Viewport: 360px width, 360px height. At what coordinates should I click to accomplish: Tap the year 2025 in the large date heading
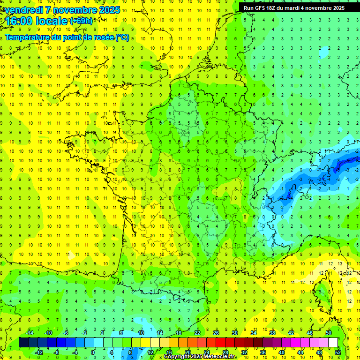pyautogui.click(x=108, y=10)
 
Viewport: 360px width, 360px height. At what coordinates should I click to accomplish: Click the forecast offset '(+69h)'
pyautogui.click(x=81, y=21)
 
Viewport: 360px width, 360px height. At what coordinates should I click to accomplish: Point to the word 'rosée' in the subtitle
pyautogui.click(x=100, y=37)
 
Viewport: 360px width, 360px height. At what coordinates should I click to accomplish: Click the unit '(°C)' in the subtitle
pyautogui.click(x=122, y=37)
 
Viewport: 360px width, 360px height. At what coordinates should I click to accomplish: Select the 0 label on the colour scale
pyautogui.click(x=93, y=352)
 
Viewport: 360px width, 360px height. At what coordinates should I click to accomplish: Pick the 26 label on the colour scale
pyautogui.click(x=216, y=332)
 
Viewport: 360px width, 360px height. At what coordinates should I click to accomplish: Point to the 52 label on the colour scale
pyautogui.click(x=338, y=352)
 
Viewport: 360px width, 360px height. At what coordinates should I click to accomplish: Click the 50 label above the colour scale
pyautogui.click(x=329, y=332)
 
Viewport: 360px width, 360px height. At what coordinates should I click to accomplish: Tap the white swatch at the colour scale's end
pyautogui.click(x=333, y=343)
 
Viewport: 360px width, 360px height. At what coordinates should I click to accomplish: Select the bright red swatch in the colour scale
pyautogui.click(x=221, y=343)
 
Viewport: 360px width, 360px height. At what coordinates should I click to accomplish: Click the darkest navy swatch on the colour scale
pyautogui.click(x=23, y=343)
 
